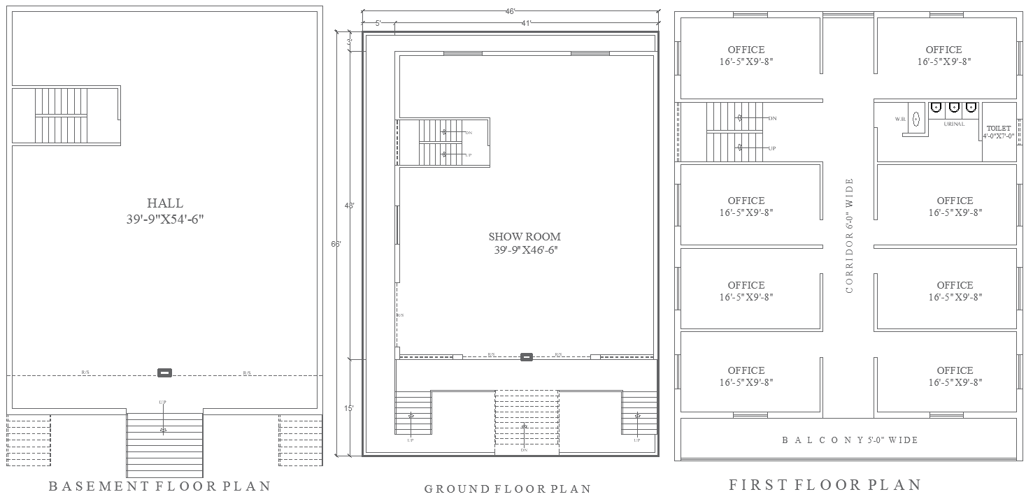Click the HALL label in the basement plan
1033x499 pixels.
(x=165, y=203)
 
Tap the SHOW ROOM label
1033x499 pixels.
(x=525, y=237)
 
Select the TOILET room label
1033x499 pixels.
(x=998, y=129)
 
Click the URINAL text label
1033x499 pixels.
(x=954, y=124)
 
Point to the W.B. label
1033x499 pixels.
(x=900, y=120)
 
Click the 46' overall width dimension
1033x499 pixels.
(x=511, y=11)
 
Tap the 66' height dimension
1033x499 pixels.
(x=336, y=244)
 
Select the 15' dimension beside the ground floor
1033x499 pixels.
(x=349, y=407)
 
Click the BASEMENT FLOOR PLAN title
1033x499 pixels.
(x=159, y=486)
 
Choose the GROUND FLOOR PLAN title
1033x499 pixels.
(x=508, y=489)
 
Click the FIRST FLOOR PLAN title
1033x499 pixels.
(x=825, y=484)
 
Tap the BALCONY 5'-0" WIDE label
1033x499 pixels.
(x=849, y=440)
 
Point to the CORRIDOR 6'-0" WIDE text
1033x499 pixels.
(x=850, y=236)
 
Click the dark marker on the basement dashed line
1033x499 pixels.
(x=164, y=373)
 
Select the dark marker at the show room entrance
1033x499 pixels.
(x=527, y=357)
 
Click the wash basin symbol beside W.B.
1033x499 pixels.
(x=916, y=119)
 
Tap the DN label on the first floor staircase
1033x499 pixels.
(x=772, y=119)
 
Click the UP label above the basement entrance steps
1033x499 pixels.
(x=162, y=402)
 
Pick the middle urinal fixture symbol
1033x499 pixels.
(x=953, y=108)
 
